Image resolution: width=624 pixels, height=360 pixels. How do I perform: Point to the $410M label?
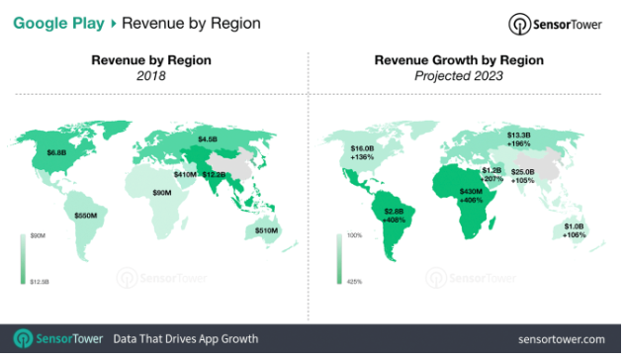coord(185,174)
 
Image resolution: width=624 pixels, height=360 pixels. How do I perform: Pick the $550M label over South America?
coord(86,214)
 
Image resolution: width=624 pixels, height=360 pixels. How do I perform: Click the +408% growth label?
coord(396,221)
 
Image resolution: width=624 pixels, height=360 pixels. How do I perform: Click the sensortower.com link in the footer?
coord(559,339)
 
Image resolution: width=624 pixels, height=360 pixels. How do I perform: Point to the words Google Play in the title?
coord(60,21)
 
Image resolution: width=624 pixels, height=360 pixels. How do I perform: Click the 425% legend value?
coord(354,283)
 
